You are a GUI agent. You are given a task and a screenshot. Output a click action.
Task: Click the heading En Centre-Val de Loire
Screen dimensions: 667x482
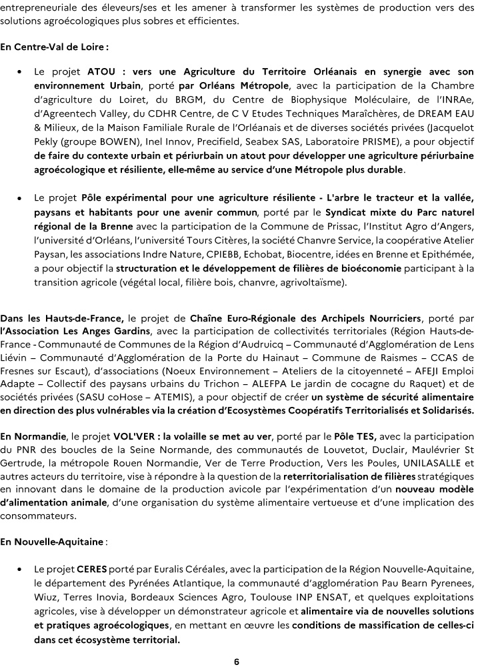(54, 48)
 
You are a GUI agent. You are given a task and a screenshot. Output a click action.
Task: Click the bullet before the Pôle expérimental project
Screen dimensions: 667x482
(21, 198)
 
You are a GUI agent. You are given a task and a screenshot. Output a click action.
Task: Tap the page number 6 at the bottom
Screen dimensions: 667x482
(237, 661)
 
